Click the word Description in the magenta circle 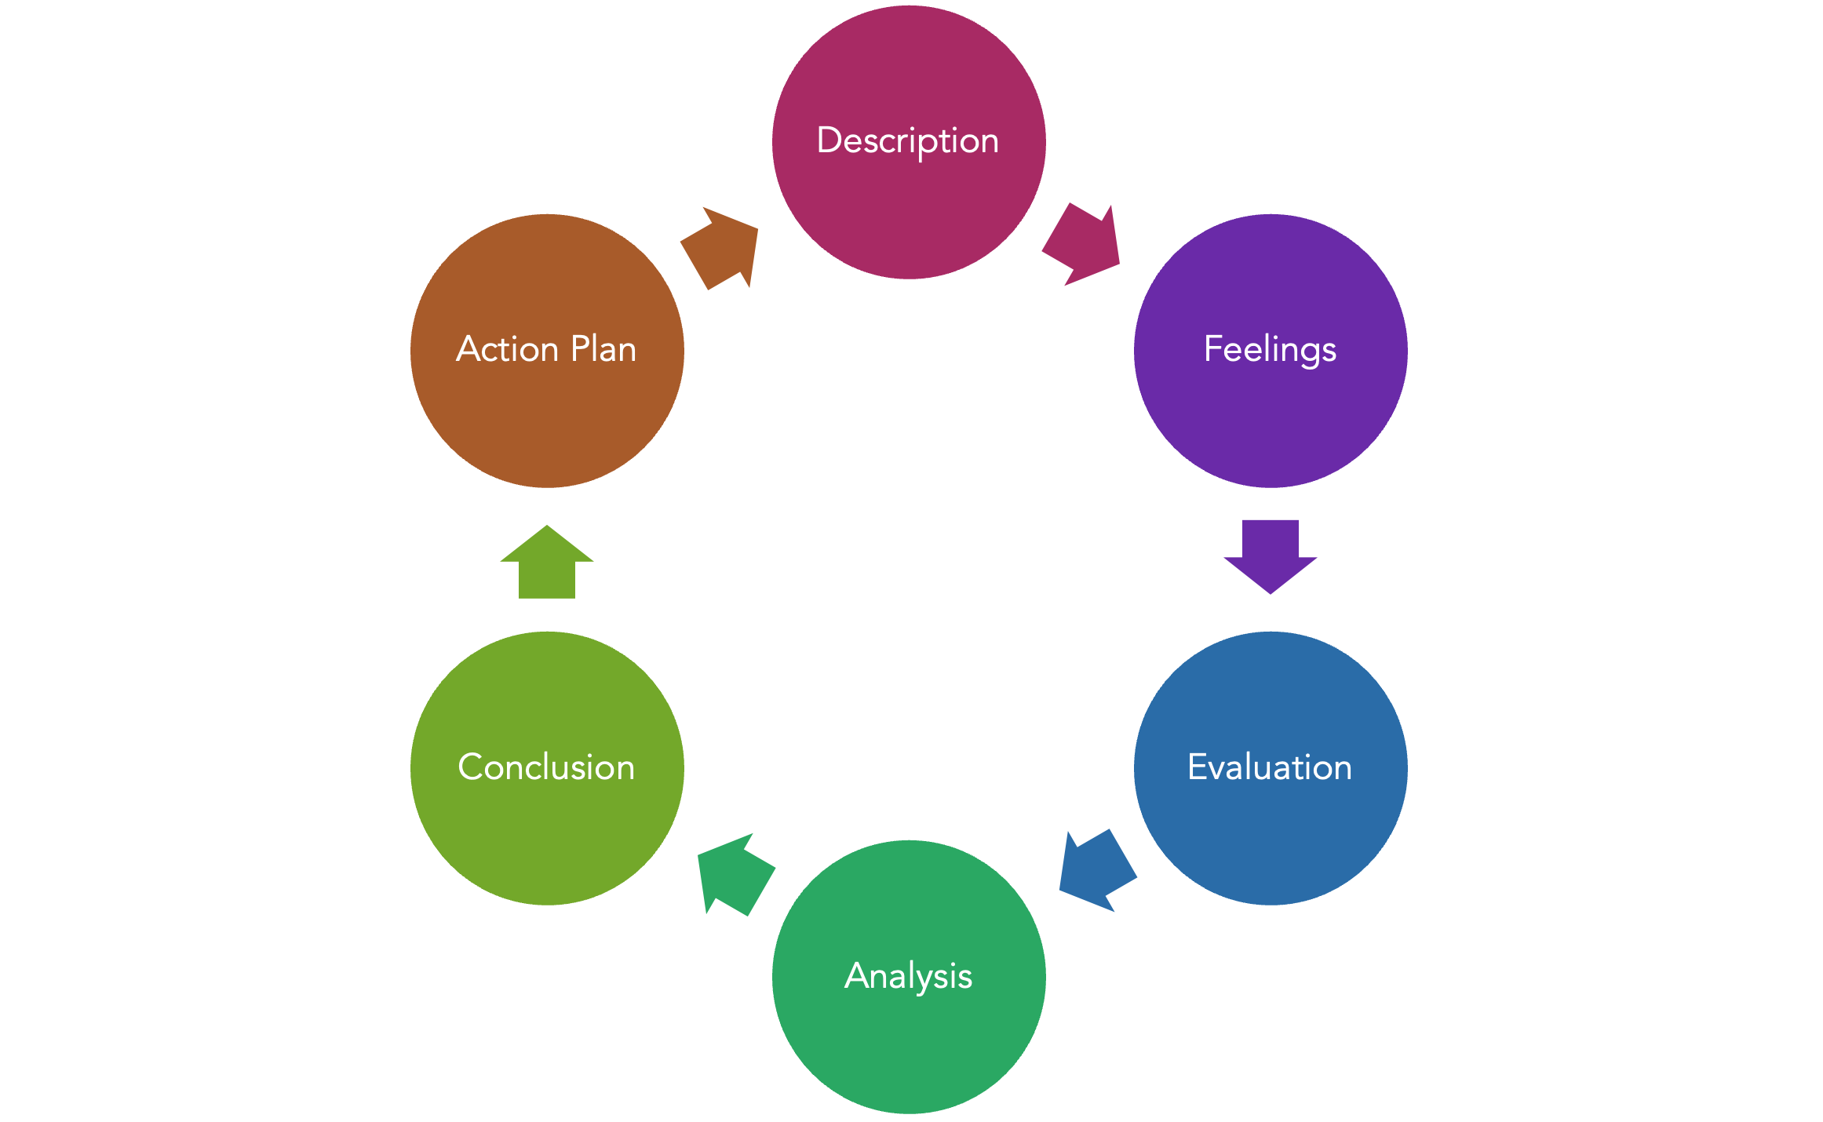pos(908,141)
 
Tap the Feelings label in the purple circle pos(1270,350)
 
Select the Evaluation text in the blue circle pos(1270,767)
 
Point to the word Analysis pos(908,977)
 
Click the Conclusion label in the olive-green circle pos(546,767)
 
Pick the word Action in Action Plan pos(507,350)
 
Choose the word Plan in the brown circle pos(603,350)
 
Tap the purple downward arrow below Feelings pos(1270,553)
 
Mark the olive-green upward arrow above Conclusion pos(547,565)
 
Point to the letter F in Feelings pos(1212,348)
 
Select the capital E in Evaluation pos(1197,767)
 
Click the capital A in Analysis pos(858,975)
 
